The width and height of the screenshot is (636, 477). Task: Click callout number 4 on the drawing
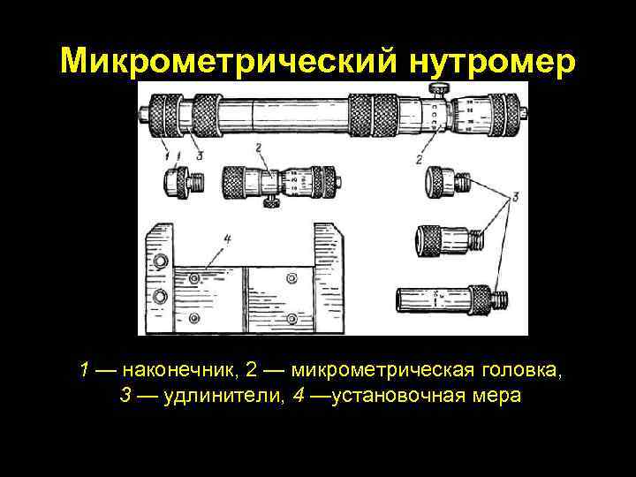coord(227,238)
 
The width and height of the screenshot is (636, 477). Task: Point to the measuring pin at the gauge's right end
coord(525,112)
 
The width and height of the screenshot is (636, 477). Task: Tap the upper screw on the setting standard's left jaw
coord(160,262)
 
